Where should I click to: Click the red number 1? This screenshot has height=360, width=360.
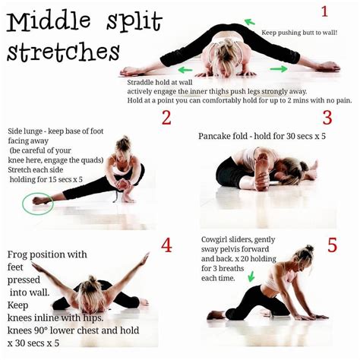[x=324, y=11]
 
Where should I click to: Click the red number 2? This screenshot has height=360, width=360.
[x=166, y=118]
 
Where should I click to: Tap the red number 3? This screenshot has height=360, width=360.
[x=327, y=118]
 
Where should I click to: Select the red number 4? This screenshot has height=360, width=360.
[x=167, y=245]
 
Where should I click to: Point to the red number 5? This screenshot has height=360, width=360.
[x=332, y=245]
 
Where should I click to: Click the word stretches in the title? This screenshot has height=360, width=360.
[x=64, y=53]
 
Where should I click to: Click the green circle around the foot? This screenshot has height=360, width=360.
[x=36, y=203]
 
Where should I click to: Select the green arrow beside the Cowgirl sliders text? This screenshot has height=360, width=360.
[x=251, y=276]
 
